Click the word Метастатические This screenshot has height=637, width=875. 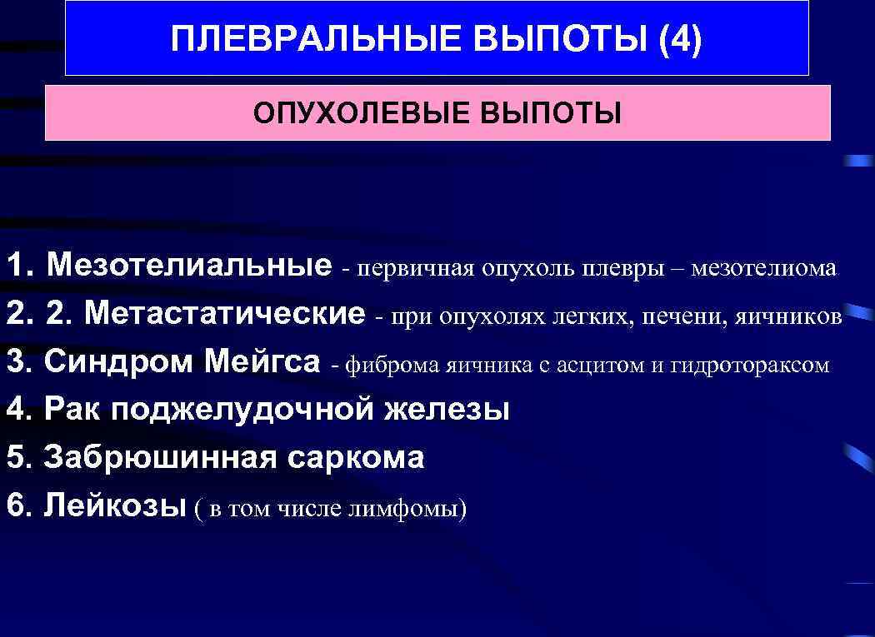pyautogui.click(x=225, y=314)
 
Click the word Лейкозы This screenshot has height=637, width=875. pyautogui.click(x=114, y=505)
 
